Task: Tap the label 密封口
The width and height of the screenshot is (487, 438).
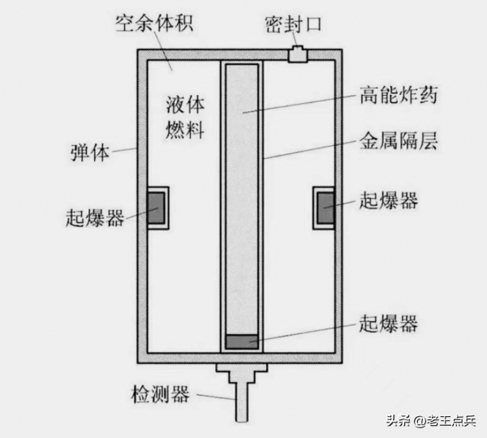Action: click(x=294, y=22)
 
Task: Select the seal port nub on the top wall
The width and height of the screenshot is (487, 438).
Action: click(x=298, y=54)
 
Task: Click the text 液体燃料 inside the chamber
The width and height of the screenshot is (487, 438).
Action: click(x=185, y=115)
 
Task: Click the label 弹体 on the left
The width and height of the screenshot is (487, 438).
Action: click(x=91, y=151)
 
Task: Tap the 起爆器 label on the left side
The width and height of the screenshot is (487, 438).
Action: click(x=95, y=217)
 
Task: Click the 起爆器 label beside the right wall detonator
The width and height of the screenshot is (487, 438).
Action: click(x=387, y=200)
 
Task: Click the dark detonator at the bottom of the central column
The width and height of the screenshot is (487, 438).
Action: click(x=242, y=341)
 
